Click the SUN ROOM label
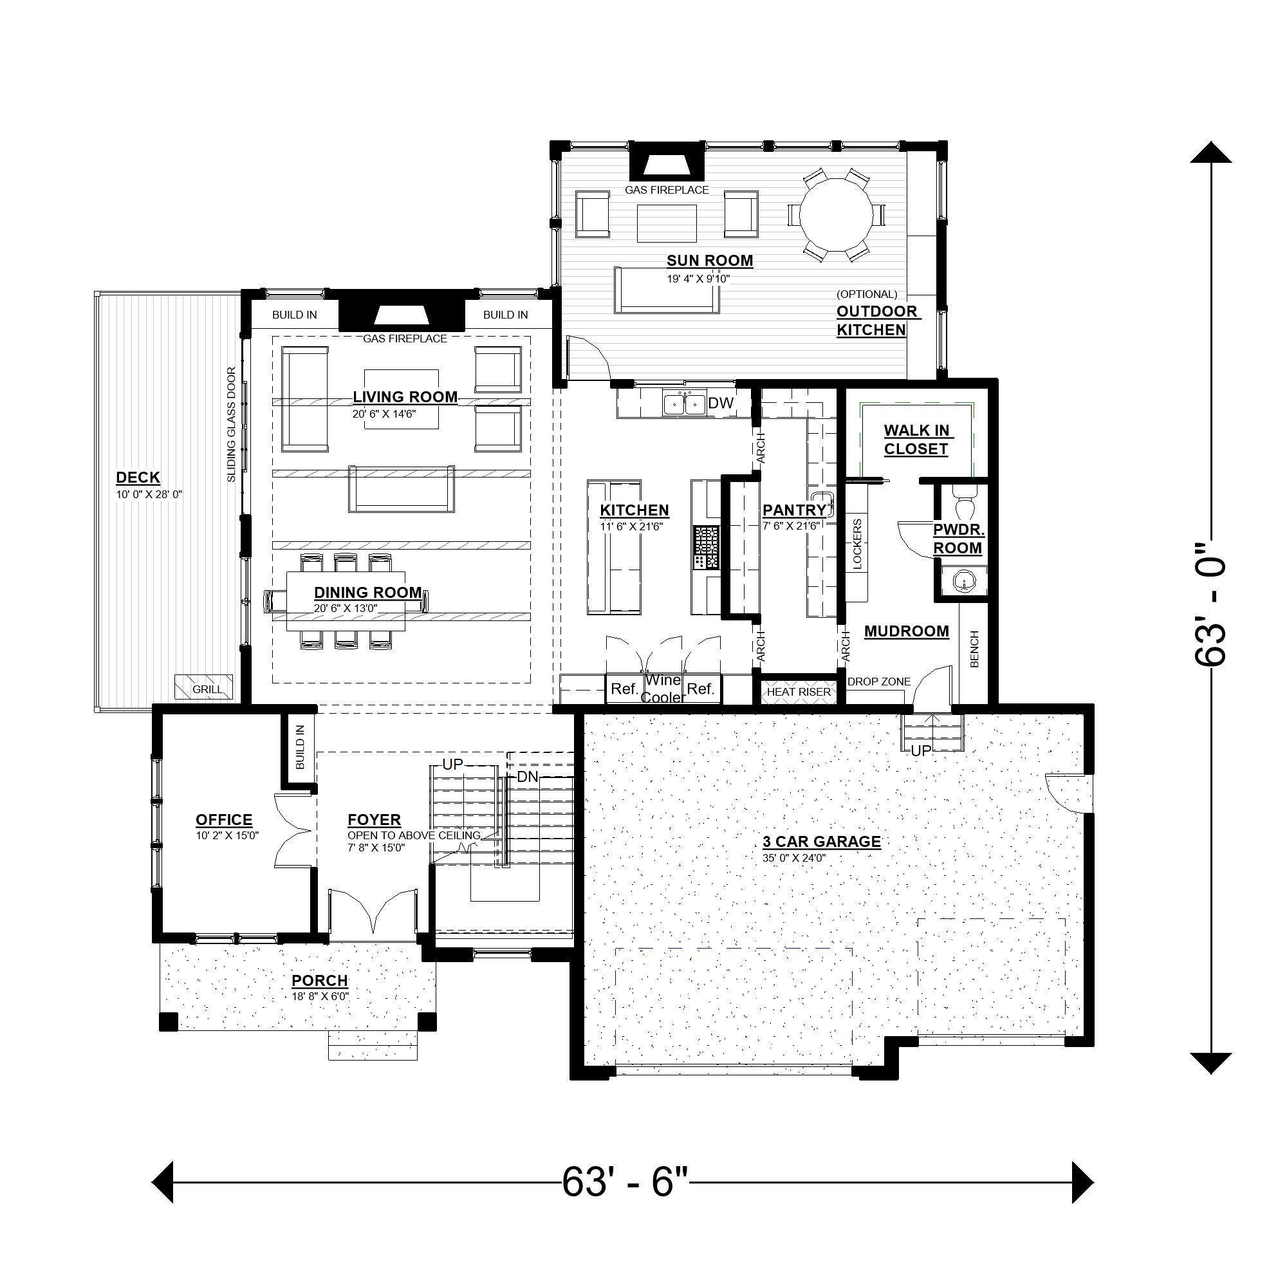(709, 261)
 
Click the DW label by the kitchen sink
(720, 403)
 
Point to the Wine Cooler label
(663, 688)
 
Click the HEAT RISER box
(798, 692)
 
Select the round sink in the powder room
(963, 582)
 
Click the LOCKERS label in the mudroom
(857, 544)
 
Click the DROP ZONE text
(878, 682)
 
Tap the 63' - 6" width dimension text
(625, 1182)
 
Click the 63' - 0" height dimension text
(1210, 604)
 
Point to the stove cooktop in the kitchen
(707, 548)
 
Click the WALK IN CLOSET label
(916, 440)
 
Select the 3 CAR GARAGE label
(821, 841)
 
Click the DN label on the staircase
(528, 777)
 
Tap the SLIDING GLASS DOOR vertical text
(231, 424)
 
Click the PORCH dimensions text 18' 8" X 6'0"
(319, 996)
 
